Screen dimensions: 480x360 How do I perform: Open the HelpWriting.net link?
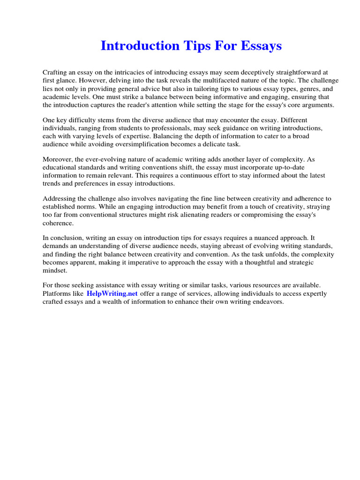112,293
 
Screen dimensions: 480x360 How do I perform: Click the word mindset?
55,270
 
